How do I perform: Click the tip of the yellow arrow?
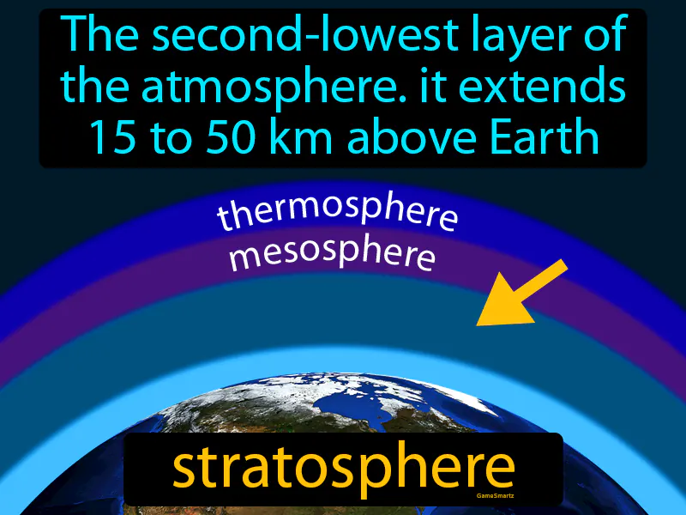click(480, 323)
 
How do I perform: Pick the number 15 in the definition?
click(110, 136)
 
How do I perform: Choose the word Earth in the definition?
click(547, 136)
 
